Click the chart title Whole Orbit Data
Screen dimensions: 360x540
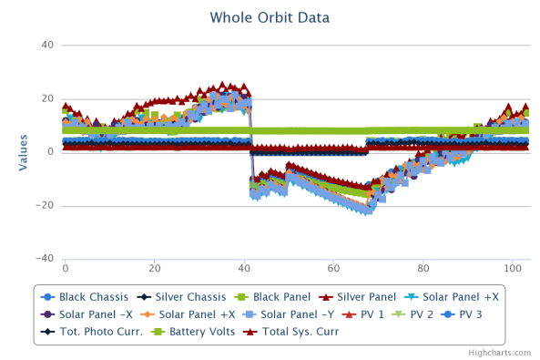coord(270,17)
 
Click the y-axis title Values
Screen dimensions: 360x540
coord(25,152)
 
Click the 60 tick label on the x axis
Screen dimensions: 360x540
coord(334,269)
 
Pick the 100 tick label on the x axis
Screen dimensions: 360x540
coord(513,269)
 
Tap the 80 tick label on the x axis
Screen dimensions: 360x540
coord(423,269)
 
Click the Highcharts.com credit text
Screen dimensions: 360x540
coord(500,352)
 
